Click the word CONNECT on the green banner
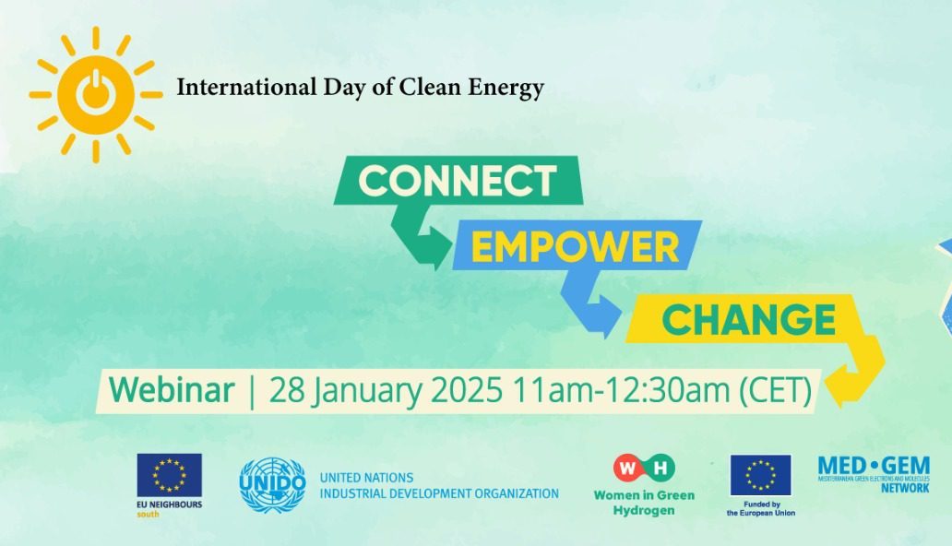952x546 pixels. (458, 181)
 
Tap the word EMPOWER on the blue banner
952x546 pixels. (576, 248)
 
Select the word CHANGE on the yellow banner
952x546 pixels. (748, 320)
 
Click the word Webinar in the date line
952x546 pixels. (172, 391)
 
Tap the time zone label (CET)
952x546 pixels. (776, 391)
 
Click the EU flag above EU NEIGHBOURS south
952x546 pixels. (170, 475)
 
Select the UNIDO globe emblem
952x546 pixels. (272, 485)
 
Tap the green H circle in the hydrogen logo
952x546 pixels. (660, 469)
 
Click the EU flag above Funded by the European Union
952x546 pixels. (760, 475)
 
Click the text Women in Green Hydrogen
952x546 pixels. (644, 503)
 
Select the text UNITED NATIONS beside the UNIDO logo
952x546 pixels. (361, 478)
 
